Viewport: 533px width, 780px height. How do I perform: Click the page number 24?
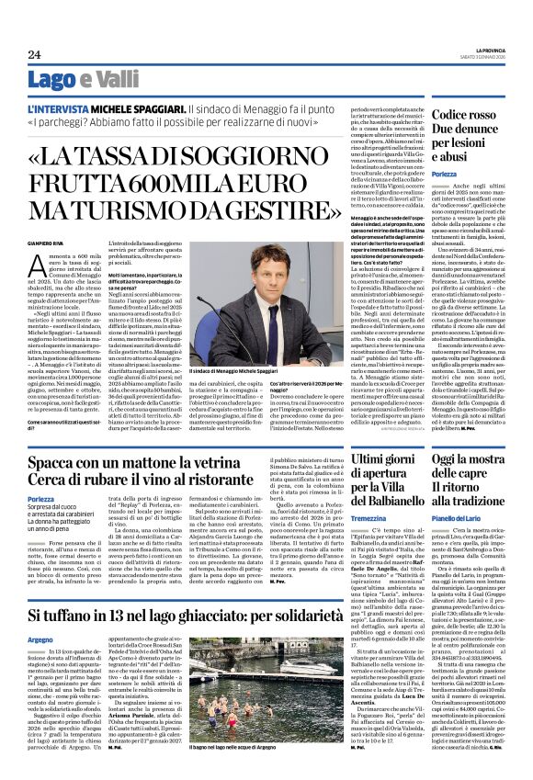tap(33, 54)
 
